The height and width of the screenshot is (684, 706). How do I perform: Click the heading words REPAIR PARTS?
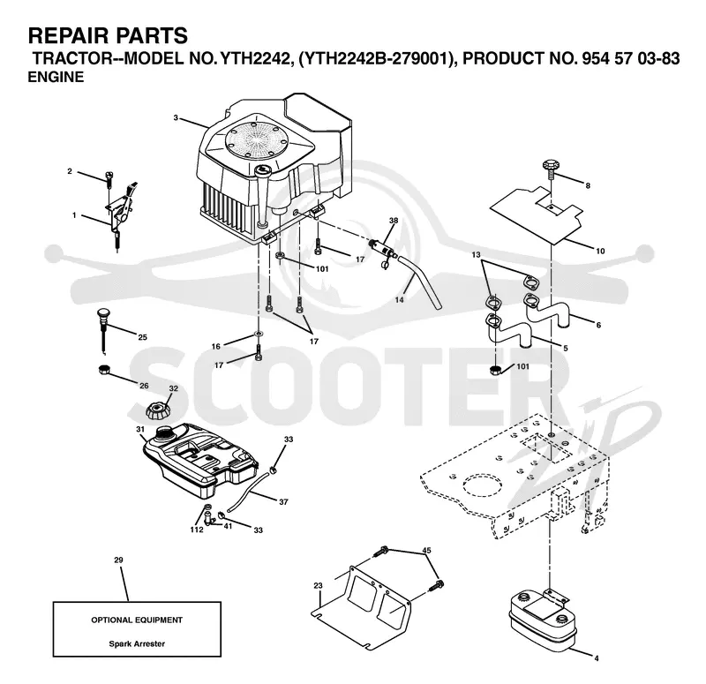(108, 35)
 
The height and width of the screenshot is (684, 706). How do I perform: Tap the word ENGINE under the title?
(56, 77)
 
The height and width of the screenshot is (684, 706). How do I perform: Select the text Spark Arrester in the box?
(137, 644)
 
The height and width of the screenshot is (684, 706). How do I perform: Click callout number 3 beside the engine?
(176, 118)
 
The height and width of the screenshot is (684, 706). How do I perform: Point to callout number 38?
(394, 221)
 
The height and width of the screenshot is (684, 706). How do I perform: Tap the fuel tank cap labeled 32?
(156, 410)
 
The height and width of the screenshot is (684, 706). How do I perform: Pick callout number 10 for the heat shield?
(600, 251)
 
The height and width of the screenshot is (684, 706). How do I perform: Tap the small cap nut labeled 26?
(104, 370)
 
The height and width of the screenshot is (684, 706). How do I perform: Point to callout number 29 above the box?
(118, 560)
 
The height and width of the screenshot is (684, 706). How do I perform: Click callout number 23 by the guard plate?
(318, 586)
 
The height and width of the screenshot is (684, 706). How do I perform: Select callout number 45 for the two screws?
(426, 550)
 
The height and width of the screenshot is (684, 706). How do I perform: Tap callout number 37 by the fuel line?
(283, 501)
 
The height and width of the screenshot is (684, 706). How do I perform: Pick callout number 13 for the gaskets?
(476, 255)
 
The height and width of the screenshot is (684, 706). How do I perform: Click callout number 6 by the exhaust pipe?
(598, 325)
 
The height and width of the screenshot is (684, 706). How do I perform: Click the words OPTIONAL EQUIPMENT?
(137, 620)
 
